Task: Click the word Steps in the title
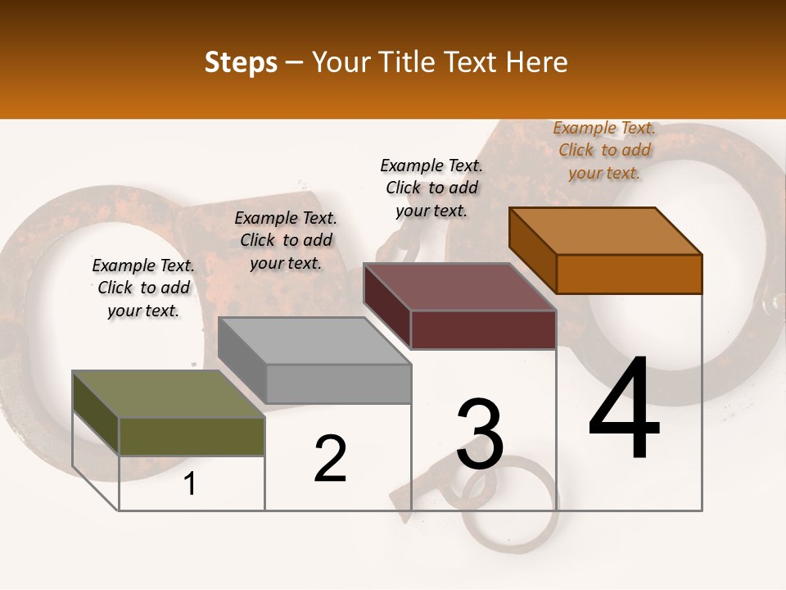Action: point(241,62)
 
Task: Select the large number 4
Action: point(624,410)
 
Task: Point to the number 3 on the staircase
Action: point(480,434)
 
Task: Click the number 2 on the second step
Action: point(331,459)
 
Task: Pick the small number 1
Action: point(190,484)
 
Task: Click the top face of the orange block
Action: point(605,230)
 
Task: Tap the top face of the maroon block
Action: point(459,287)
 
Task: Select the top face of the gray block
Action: point(314,341)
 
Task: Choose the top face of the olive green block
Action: point(168,394)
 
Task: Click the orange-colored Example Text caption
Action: point(604,151)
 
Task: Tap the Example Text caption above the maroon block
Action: point(431,188)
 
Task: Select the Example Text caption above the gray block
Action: point(286,240)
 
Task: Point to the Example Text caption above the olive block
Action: point(143,288)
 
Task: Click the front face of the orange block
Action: point(629,274)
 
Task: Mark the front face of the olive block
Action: point(192,437)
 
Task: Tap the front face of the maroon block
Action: point(483,329)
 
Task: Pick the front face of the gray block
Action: point(338,383)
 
